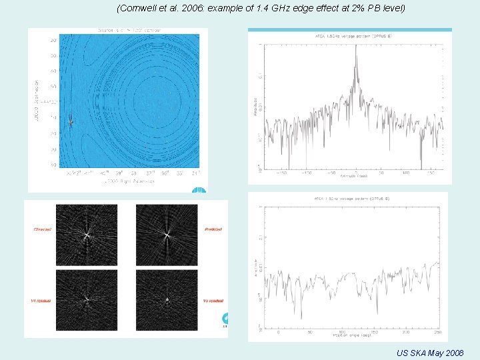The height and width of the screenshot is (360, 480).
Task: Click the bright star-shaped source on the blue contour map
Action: pyautogui.click(x=71, y=121)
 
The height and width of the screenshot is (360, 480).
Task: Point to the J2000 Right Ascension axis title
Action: pyautogui.click(x=127, y=181)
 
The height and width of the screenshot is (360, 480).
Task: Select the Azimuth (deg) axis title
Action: pyautogui.click(x=354, y=177)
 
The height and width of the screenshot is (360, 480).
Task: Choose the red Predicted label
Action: pyautogui.click(x=213, y=229)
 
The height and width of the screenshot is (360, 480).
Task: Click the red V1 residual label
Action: pyautogui.click(x=42, y=301)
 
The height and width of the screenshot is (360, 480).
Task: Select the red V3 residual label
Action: pyautogui.click(x=212, y=301)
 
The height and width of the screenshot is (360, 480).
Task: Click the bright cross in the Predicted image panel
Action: pyautogui.click(x=167, y=235)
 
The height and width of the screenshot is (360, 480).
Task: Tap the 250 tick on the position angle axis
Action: pyautogui.click(x=433, y=331)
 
